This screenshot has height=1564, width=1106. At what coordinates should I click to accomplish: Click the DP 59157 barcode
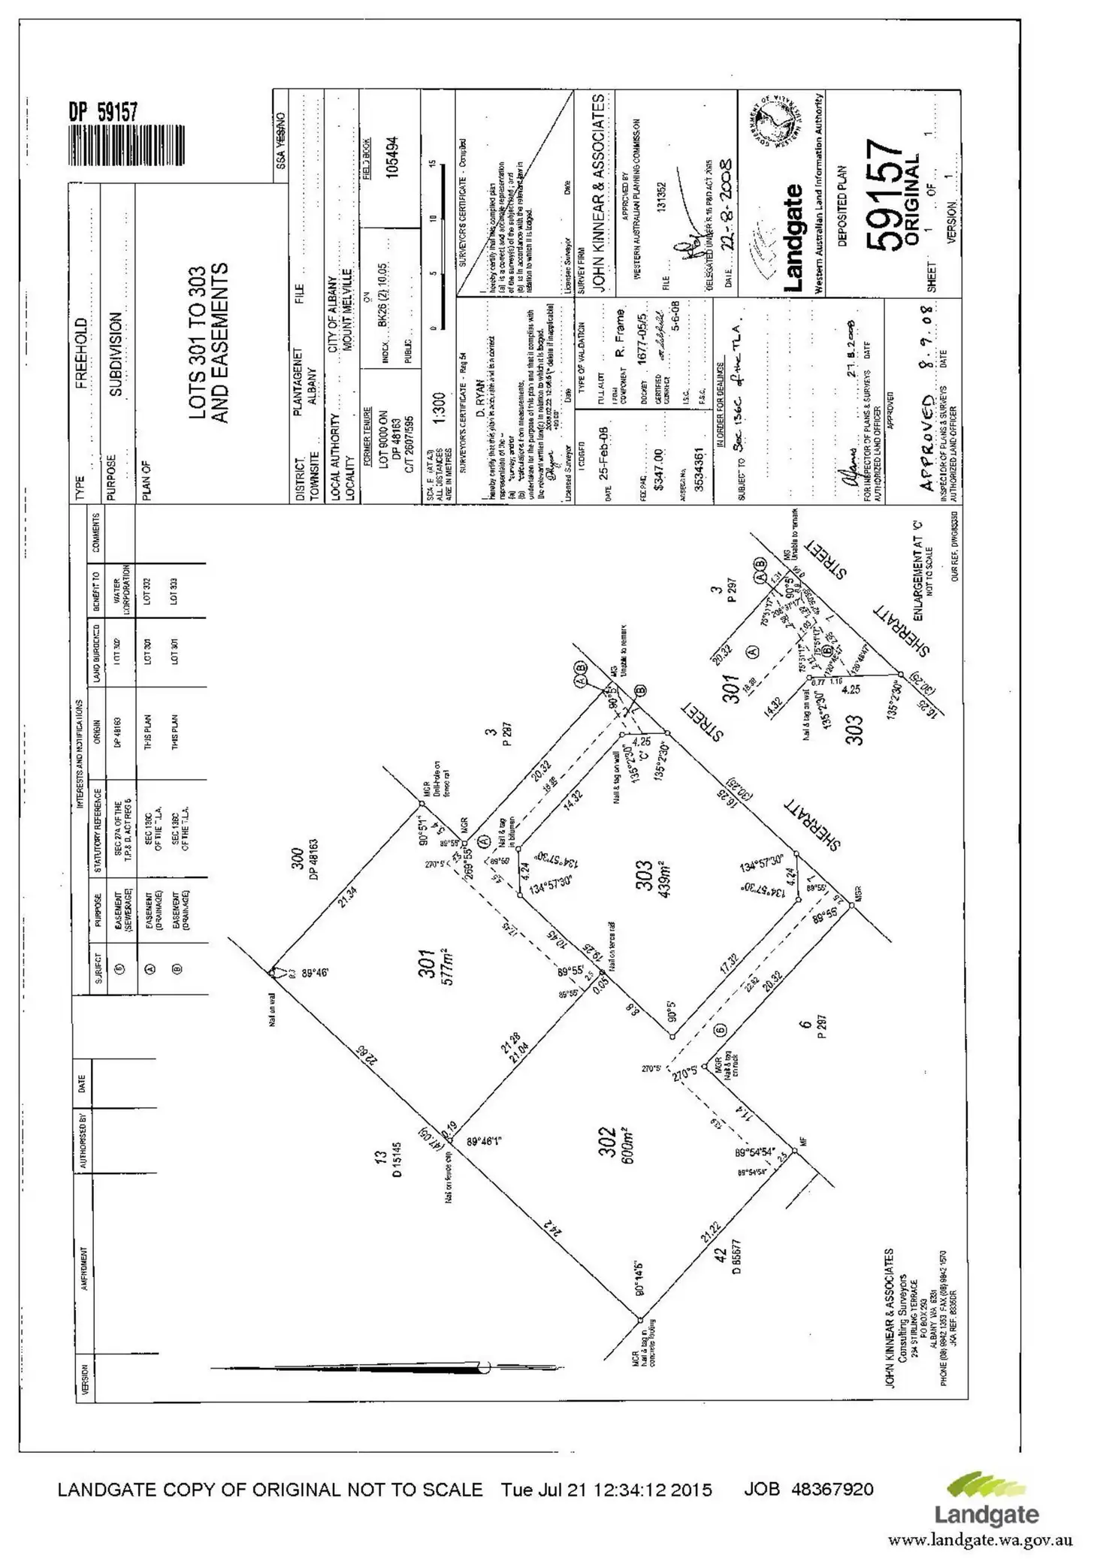[x=125, y=144]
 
